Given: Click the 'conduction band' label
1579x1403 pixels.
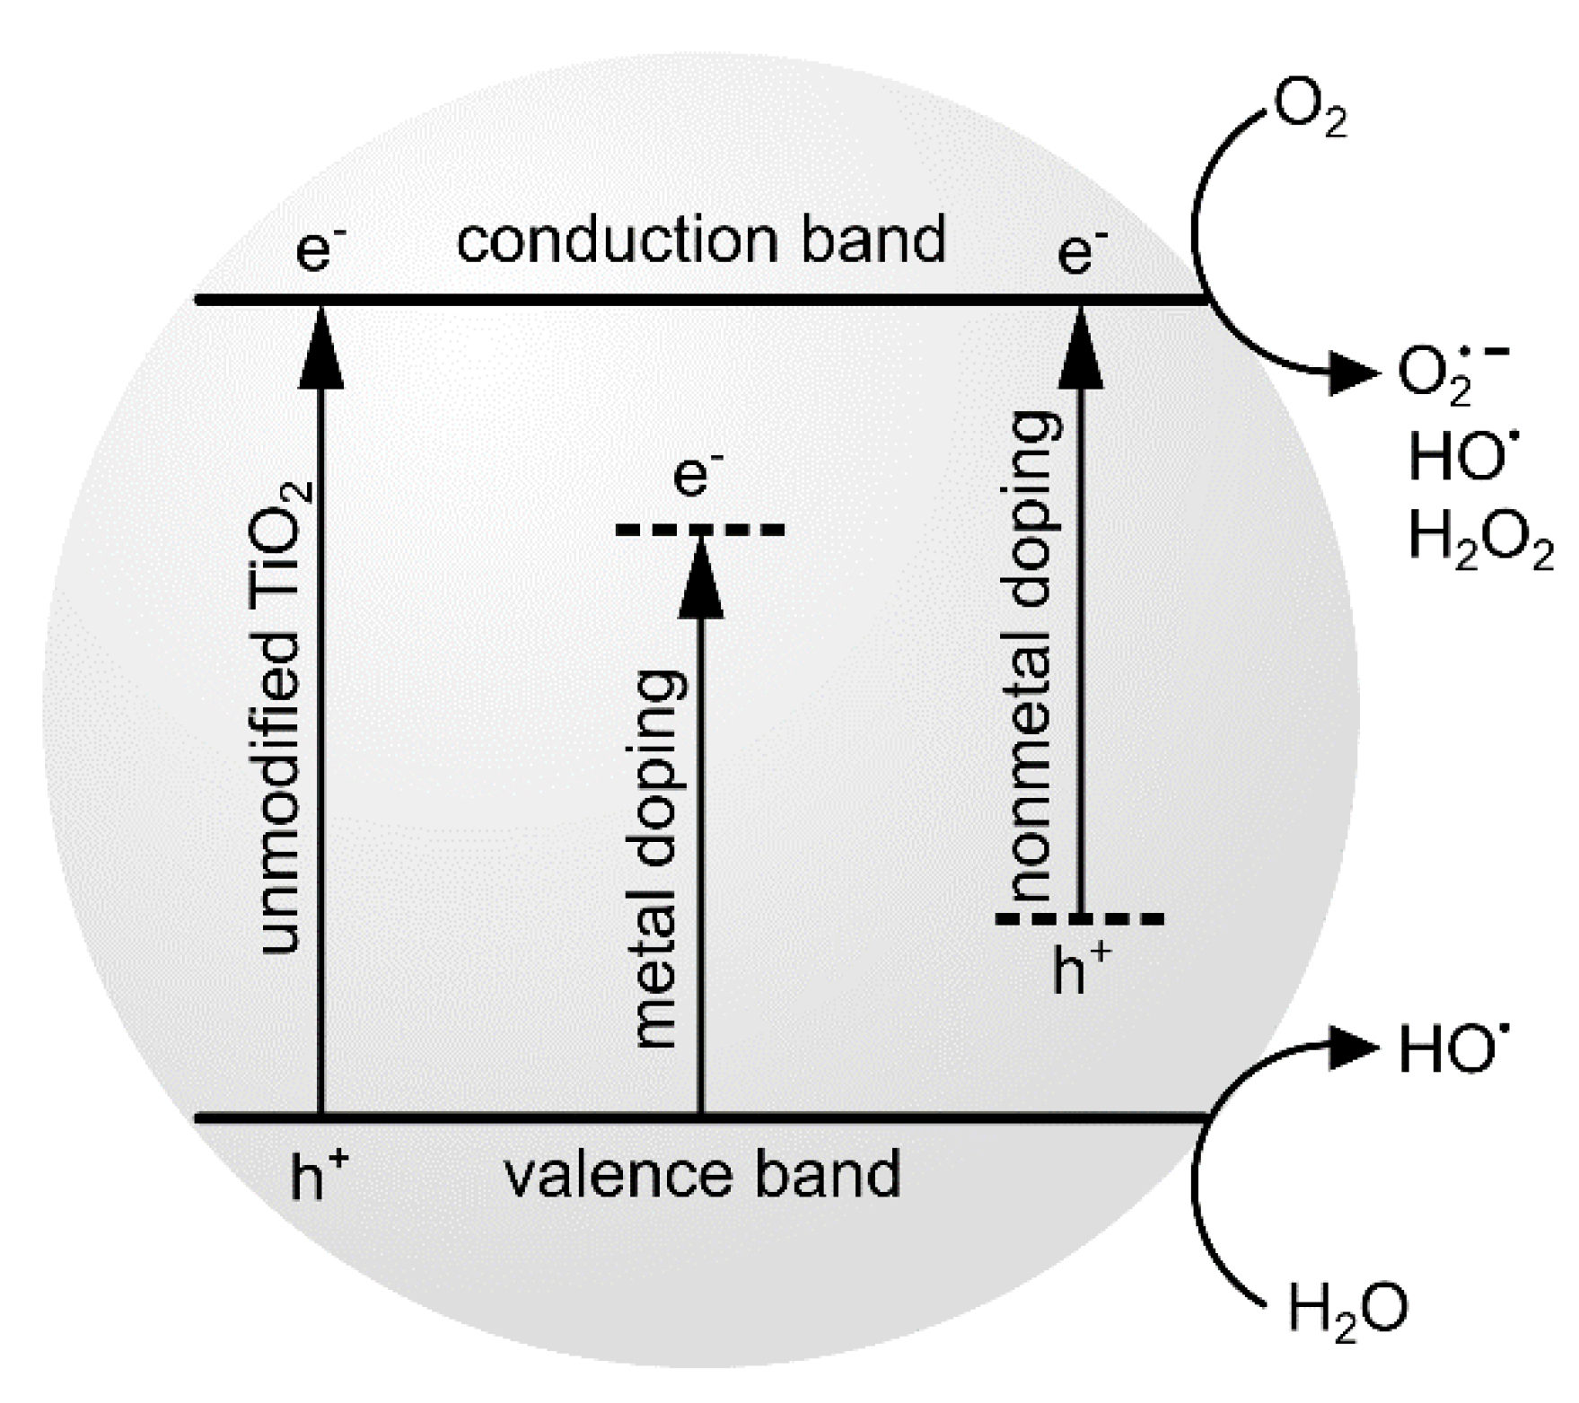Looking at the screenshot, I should pos(701,241).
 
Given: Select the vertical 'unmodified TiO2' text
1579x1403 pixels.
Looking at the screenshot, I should pos(285,718).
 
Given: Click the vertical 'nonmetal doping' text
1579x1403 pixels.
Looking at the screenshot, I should pos(1032,655).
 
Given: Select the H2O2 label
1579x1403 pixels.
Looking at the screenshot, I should pos(1479,542).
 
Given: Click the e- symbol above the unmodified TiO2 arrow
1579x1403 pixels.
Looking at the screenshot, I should pos(320,247).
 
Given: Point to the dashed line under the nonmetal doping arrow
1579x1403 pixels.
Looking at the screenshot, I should pos(1080,918).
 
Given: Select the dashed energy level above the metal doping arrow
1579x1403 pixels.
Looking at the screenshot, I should pos(700,531).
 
